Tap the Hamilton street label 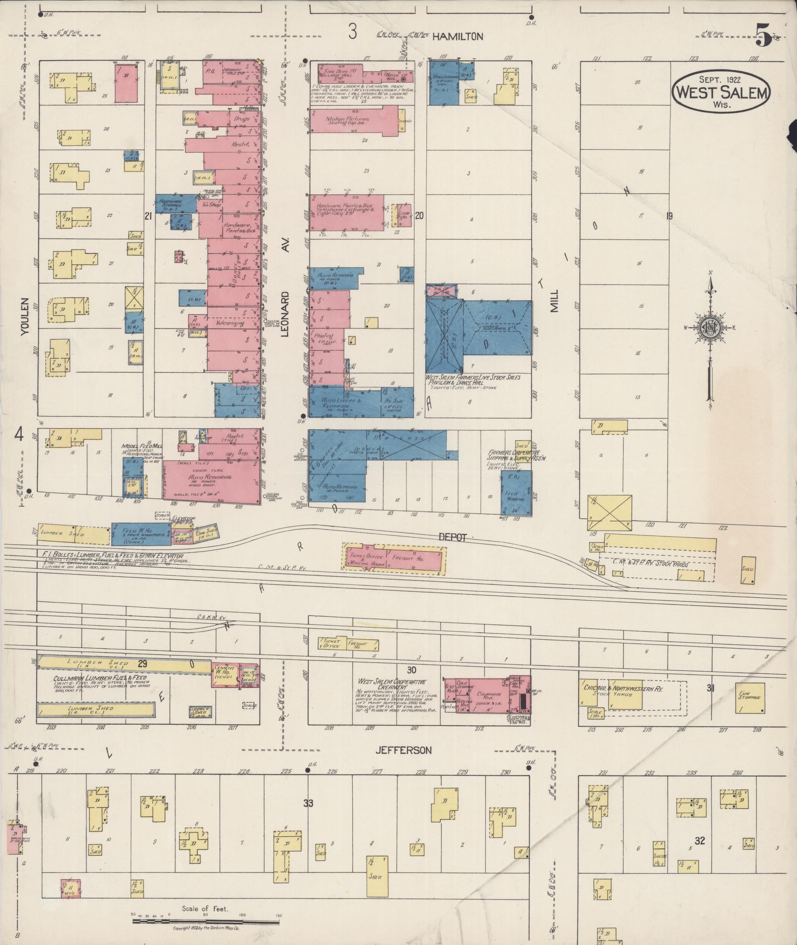[457, 36]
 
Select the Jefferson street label [403, 764]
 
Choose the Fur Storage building [750, 698]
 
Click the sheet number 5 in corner [763, 37]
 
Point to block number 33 [308, 803]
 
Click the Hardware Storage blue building [170, 204]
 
